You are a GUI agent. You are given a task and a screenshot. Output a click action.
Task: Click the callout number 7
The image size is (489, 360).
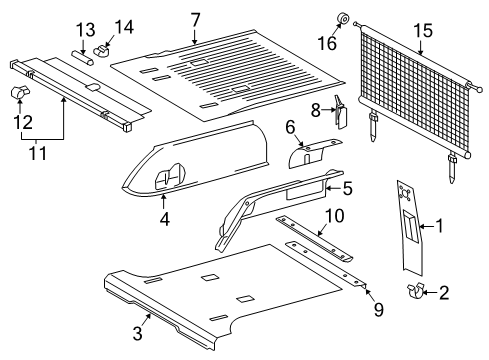point(195,20)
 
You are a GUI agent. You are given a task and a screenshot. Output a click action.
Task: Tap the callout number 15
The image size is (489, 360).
point(423,31)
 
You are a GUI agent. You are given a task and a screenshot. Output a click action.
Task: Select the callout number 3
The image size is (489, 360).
point(138,333)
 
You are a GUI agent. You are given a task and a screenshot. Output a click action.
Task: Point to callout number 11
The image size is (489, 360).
point(37,154)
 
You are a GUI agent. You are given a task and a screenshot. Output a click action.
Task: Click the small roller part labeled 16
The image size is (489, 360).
point(343,19)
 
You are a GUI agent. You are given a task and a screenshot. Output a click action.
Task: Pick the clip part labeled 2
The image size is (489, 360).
point(414,290)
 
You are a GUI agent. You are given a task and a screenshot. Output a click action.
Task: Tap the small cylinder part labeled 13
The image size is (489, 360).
point(81,57)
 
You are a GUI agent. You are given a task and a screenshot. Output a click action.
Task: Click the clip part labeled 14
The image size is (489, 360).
point(102,51)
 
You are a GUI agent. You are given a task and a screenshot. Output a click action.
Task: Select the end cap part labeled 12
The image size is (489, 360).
point(19,93)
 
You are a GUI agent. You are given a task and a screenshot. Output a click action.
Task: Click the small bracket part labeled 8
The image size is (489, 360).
point(341,112)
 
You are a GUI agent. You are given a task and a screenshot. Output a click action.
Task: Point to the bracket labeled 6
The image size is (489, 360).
point(312,154)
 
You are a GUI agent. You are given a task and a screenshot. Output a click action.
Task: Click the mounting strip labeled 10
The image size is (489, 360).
point(314,238)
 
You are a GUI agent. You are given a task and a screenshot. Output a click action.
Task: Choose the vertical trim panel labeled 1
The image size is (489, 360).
point(410,228)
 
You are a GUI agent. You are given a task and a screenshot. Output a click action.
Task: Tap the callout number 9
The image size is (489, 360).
point(379,309)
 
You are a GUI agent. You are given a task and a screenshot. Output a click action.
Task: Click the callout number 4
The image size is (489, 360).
point(164,219)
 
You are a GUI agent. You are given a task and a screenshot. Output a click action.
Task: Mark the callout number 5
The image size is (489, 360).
point(347,188)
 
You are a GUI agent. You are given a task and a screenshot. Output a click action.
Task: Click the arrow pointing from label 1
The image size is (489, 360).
point(426,227)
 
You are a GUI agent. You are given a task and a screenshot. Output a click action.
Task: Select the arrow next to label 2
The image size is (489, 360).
point(430,293)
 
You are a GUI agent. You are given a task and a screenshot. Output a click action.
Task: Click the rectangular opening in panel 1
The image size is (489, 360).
point(410,226)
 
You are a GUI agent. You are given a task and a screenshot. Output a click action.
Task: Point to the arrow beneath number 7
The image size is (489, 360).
point(194,37)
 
